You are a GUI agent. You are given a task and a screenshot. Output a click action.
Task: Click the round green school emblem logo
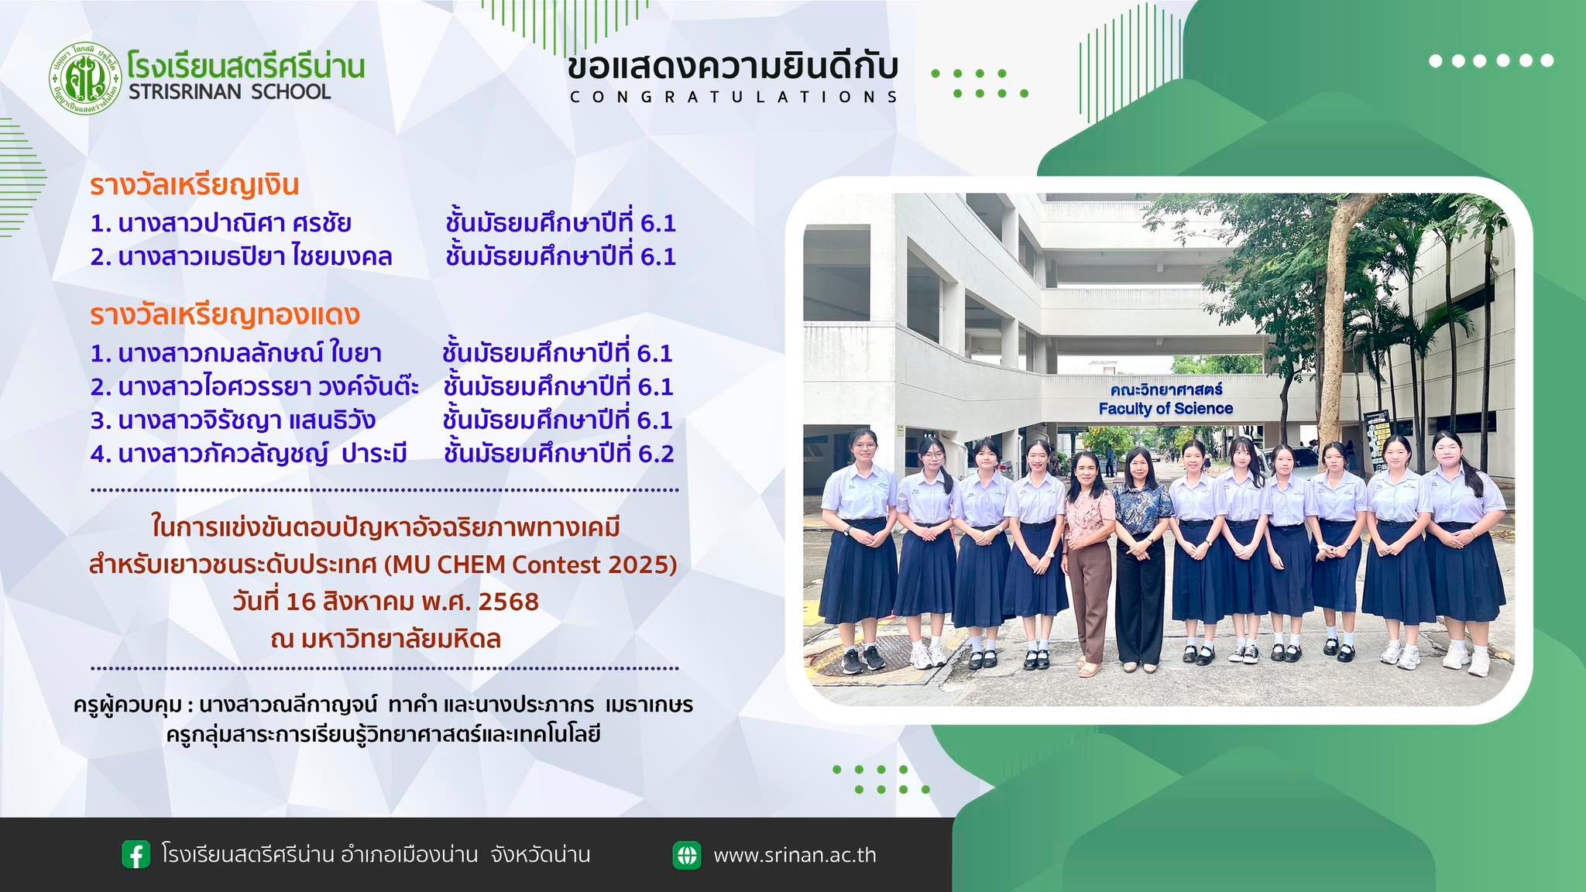coord(85,78)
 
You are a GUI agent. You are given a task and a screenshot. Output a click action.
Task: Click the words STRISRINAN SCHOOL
coord(230,91)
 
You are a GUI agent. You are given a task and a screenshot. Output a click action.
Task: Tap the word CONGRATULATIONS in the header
coord(733,97)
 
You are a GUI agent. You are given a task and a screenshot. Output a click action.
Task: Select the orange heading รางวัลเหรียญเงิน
coord(194,186)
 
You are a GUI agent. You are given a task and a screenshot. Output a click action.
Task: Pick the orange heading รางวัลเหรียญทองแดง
coord(225,315)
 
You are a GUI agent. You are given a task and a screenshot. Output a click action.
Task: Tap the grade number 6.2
coord(656,454)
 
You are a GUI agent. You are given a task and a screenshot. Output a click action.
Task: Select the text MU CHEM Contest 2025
coord(530,564)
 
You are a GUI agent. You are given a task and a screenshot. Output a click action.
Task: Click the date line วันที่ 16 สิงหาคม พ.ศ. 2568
coord(386,601)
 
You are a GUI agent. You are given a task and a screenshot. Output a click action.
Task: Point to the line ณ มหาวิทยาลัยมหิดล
coord(386,639)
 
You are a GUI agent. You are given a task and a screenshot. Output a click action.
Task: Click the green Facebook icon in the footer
coord(136,855)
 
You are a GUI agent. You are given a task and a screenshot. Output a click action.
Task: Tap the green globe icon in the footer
coord(686,855)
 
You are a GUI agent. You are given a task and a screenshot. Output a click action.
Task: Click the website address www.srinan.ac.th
coord(795,855)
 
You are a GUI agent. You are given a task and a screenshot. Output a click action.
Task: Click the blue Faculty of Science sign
coord(1165,399)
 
